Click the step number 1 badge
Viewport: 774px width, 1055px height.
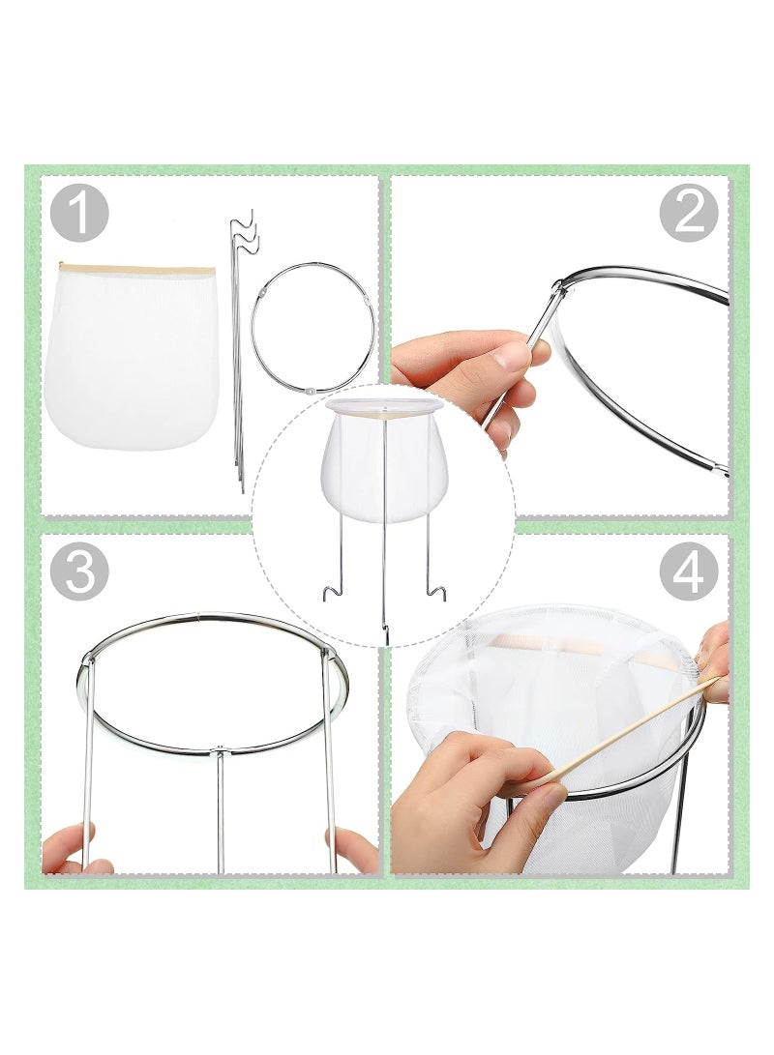[x=79, y=214]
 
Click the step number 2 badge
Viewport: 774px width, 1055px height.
[x=689, y=214]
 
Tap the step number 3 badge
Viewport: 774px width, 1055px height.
[x=79, y=572]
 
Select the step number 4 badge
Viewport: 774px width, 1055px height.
[x=689, y=572]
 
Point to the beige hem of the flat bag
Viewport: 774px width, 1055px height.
[x=135, y=271]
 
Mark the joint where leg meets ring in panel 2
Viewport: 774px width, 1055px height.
[x=558, y=287]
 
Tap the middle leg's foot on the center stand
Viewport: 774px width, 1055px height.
[x=385, y=633]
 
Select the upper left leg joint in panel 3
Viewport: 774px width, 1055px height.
[x=88, y=659]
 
